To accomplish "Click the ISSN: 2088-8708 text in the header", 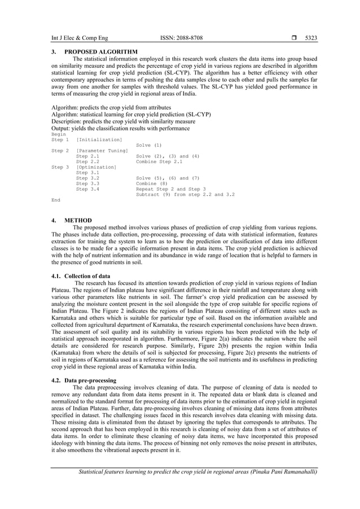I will click(182, 38).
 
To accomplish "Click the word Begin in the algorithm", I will click(59, 134).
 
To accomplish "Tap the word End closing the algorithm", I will click(56, 200).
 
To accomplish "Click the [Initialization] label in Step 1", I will click(99, 139).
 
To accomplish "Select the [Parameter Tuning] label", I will click(102, 151).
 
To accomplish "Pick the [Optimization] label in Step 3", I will click(96, 167).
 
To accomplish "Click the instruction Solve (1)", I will click(149, 145).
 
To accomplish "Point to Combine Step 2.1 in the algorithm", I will click(159, 161).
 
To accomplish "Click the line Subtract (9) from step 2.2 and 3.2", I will click(185, 194).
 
